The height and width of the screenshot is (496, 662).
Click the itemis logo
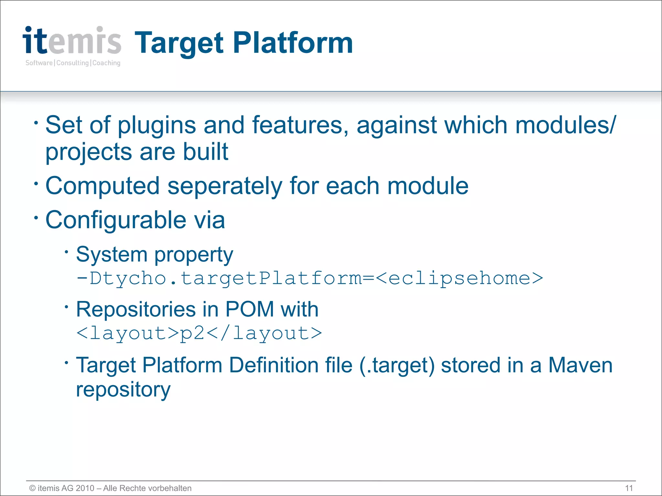click(72, 41)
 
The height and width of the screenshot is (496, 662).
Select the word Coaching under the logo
click(106, 63)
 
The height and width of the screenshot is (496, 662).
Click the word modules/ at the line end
click(566, 125)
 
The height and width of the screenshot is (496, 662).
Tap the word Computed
click(102, 187)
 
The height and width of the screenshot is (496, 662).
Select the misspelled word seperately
click(225, 187)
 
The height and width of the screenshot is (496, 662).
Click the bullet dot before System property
click(66, 252)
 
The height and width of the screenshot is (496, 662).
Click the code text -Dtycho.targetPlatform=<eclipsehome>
click(310, 278)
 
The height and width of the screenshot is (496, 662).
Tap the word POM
click(250, 309)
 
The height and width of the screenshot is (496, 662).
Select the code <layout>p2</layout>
click(199, 333)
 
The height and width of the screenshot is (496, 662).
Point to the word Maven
click(580, 365)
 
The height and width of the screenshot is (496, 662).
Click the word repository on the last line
click(123, 390)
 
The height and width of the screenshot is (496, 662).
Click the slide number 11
click(629, 488)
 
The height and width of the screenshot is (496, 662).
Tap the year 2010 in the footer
click(85, 488)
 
